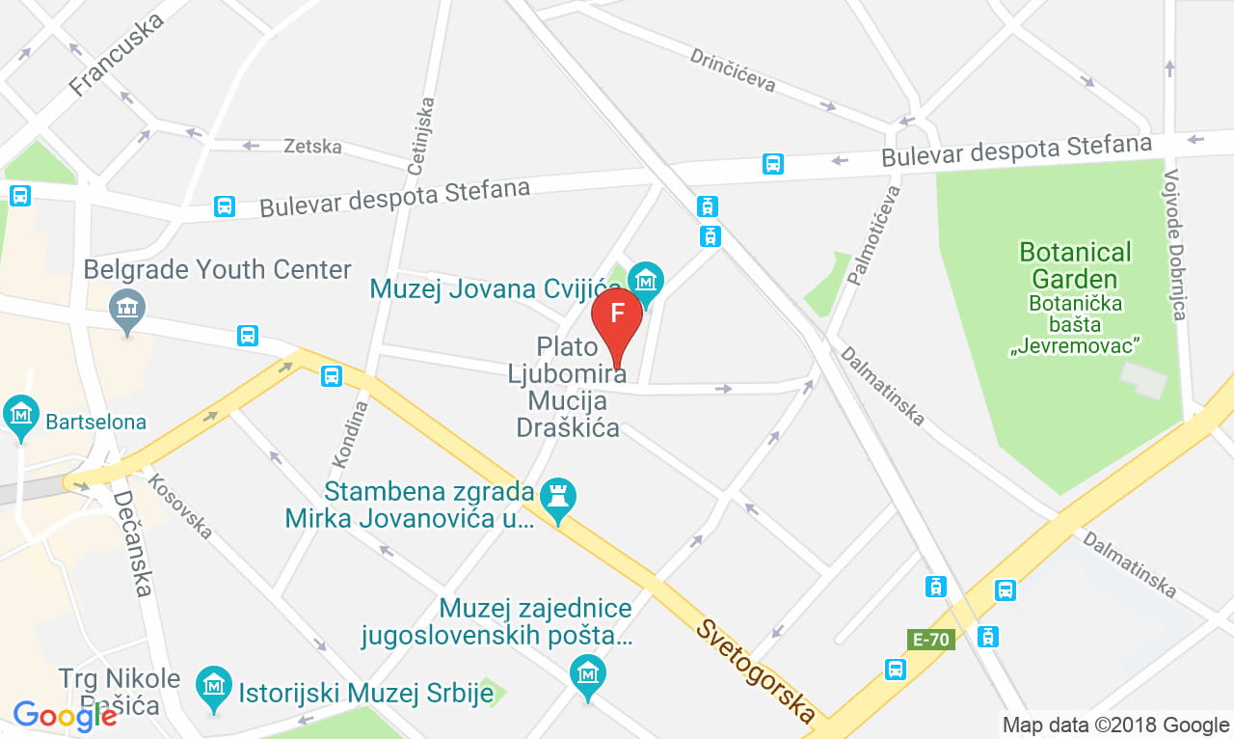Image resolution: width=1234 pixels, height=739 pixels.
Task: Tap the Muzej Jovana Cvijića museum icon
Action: point(645,281)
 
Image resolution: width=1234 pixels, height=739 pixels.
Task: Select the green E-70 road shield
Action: point(932,639)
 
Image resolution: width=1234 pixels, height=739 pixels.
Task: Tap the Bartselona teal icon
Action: point(20,415)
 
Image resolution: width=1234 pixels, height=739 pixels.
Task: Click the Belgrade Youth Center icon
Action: point(127,309)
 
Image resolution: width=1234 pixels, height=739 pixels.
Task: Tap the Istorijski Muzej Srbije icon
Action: point(214,686)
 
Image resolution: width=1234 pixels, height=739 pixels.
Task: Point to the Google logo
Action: point(66,715)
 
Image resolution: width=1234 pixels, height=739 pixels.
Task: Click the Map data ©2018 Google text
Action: point(1115,725)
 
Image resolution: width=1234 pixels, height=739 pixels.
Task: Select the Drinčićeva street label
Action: point(733,70)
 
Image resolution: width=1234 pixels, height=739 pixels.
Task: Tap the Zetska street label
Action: point(312,147)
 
